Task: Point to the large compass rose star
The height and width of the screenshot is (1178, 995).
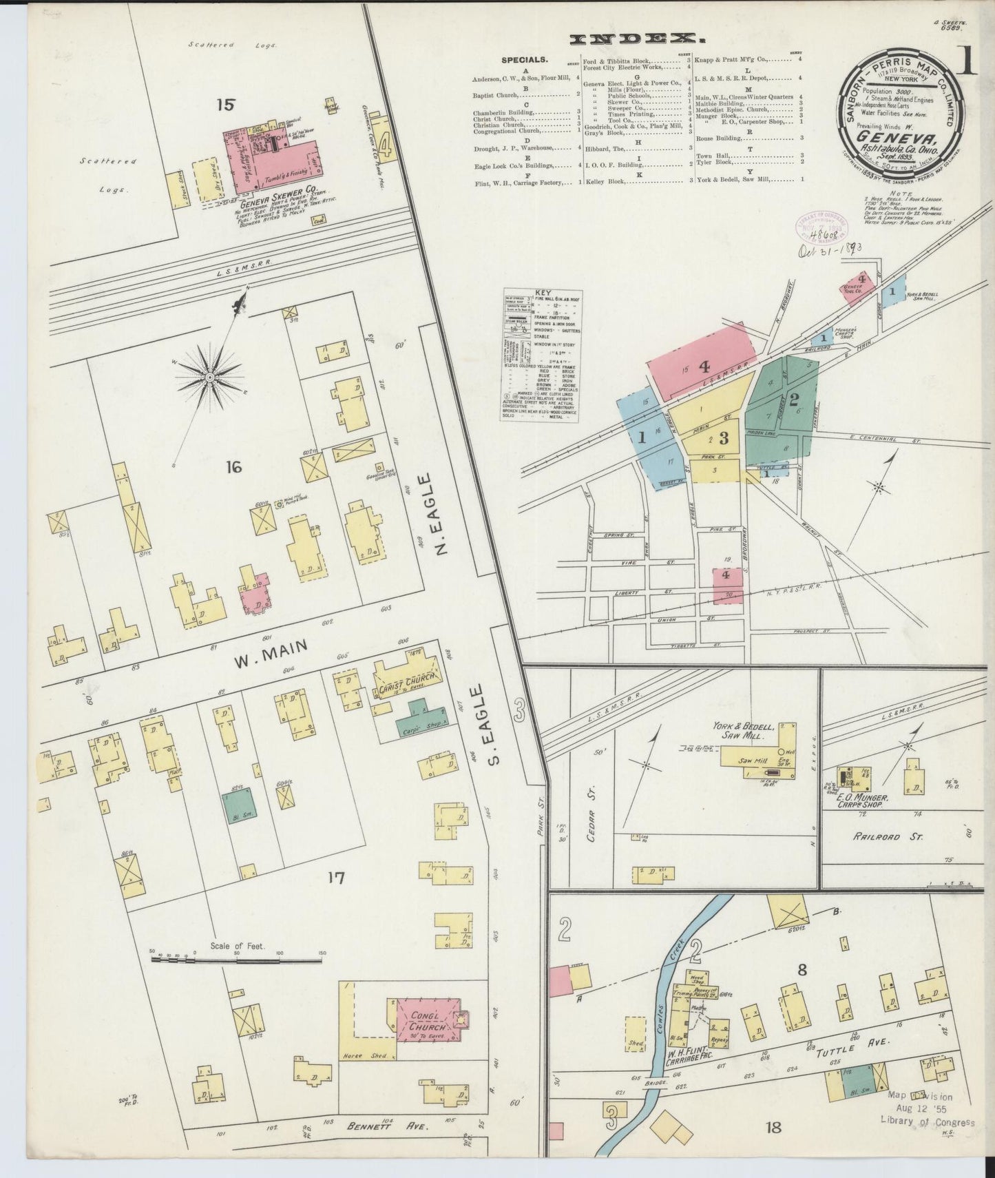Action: [x=209, y=377]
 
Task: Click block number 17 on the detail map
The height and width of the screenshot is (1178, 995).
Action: [x=335, y=878]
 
